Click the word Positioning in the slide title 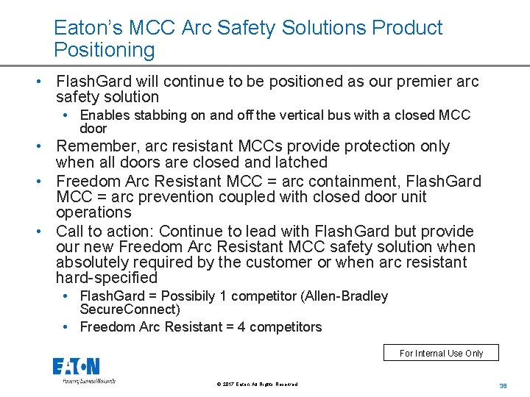click(x=105, y=51)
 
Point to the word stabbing click(x=160, y=115)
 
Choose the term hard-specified click(x=107, y=278)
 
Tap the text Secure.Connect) click(x=130, y=310)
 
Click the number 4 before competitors click(x=241, y=327)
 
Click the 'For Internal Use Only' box click(x=441, y=353)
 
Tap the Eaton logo click(x=77, y=367)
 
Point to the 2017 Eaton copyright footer click(x=258, y=385)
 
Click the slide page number click(x=504, y=386)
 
